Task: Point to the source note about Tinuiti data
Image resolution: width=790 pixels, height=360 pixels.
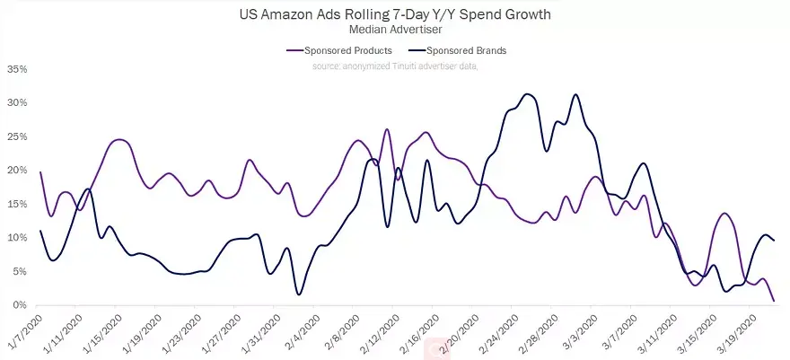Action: [394, 66]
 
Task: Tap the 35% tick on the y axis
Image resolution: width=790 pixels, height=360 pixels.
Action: [15, 69]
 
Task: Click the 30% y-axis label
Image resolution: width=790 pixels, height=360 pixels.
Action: [15, 102]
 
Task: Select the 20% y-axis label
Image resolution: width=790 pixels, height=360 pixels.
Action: [15, 171]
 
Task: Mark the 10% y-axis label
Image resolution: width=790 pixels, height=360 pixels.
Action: [15, 238]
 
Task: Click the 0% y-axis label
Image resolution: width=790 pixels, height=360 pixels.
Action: [18, 305]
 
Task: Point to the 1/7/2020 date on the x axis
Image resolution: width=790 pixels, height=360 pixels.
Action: [25, 332]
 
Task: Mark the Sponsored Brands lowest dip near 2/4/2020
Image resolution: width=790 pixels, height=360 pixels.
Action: [299, 294]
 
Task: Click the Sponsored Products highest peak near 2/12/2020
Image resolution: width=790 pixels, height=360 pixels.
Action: [387, 129]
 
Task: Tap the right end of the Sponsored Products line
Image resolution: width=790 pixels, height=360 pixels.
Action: [774, 301]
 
